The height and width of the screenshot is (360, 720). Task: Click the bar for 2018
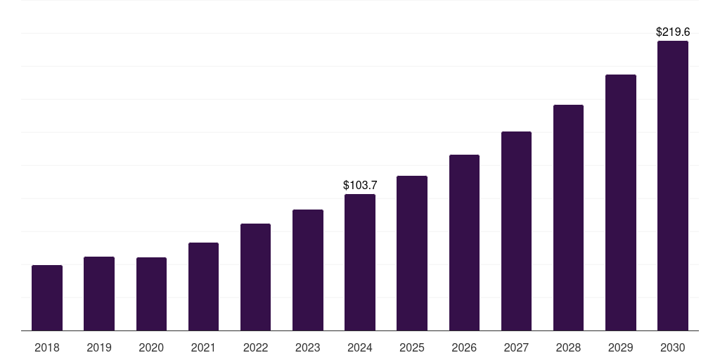(47, 298)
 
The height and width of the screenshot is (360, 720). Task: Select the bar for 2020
(151, 294)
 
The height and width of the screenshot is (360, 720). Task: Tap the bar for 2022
(255, 277)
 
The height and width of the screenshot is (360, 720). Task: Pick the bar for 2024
(360, 262)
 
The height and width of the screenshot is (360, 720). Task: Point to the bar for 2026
(464, 243)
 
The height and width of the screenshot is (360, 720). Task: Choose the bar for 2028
(568, 218)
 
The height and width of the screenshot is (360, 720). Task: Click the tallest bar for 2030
(673, 186)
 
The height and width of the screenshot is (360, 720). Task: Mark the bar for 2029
(621, 202)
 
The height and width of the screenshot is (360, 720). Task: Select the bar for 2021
(203, 287)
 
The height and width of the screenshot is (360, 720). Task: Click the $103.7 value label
(360, 185)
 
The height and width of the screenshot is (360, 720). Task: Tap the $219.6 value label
(673, 32)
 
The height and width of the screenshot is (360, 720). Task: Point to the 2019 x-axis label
(99, 347)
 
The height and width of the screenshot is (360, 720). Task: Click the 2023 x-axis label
(308, 347)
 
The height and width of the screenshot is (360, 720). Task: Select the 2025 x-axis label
(412, 347)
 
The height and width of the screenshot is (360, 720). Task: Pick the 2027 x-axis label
(516, 347)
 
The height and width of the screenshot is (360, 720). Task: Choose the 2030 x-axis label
(673, 347)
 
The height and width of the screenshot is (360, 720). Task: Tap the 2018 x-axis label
(47, 347)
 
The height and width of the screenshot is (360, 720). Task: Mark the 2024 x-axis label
(360, 347)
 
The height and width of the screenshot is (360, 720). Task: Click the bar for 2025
(412, 253)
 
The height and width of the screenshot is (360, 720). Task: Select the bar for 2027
(516, 231)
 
